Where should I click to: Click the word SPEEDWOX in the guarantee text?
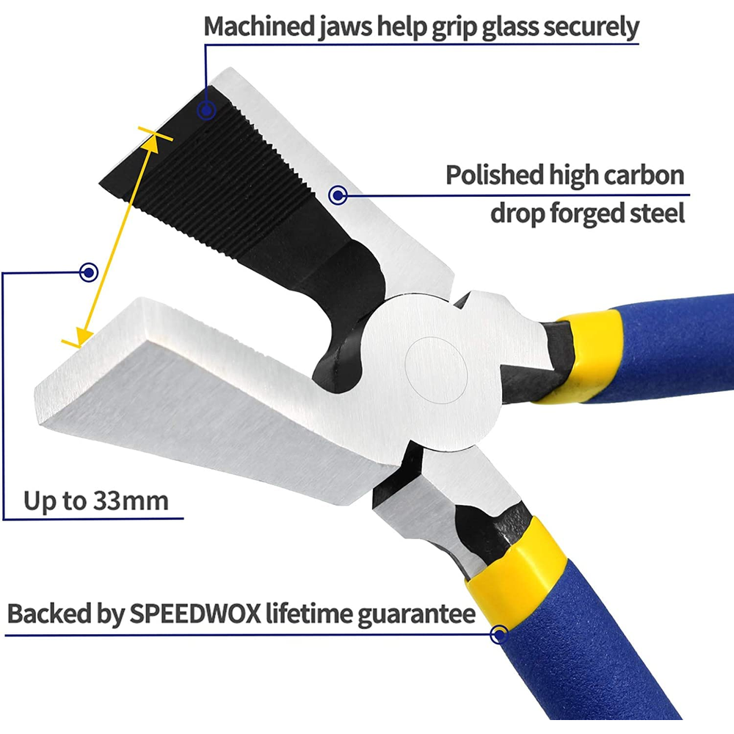pyautogui.click(x=195, y=613)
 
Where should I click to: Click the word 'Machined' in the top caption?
pyautogui.click(x=259, y=26)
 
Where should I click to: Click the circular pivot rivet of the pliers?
pyautogui.click(x=436, y=370)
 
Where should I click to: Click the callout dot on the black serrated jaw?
pyautogui.click(x=206, y=111)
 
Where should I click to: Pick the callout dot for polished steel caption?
pyautogui.click(x=338, y=195)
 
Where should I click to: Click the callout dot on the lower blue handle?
pyautogui.click(x=499, y=635)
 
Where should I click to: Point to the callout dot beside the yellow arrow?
pyautogui.click(x=89, y=272)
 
